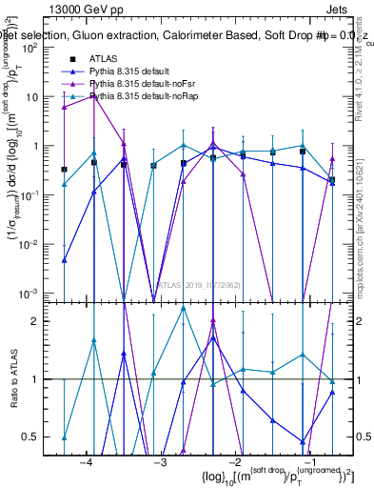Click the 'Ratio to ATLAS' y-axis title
(12, 378)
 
